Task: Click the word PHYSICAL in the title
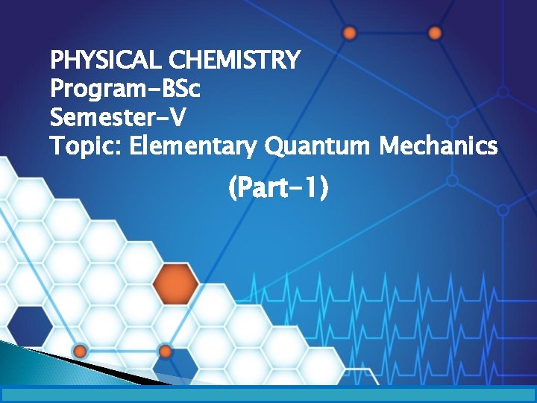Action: [107, 59]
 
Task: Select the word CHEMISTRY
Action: [235, 59]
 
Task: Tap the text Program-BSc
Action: [125, 89]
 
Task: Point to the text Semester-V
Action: [119, 117]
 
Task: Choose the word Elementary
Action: [194, 146]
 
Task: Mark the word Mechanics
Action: [438, 146]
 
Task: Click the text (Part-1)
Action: [278, 190]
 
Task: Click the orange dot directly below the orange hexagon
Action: [166, 351]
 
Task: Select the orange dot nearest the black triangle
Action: [79, 351]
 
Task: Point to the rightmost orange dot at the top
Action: [436, 33]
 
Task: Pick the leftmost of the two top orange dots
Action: [349, 33]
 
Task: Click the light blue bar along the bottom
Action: [268, 394]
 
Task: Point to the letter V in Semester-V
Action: [178, 117]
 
